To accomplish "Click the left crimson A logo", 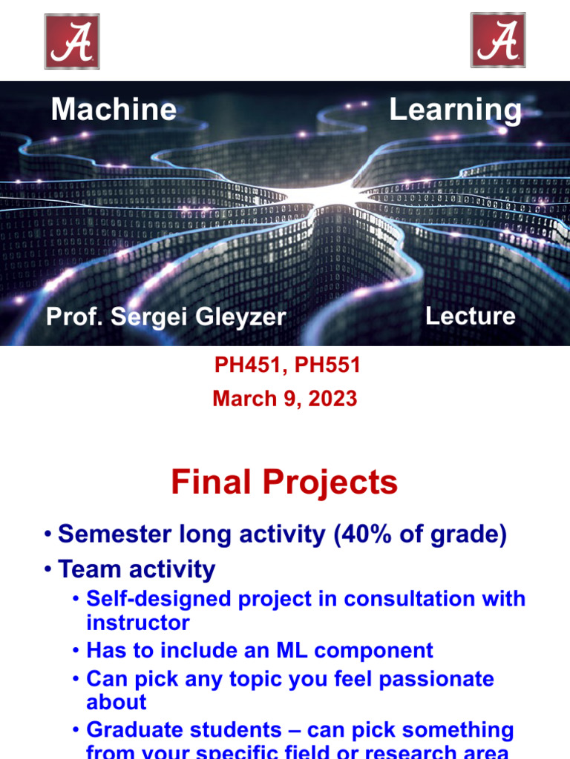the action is point(72,42).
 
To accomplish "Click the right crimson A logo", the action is point(498,40).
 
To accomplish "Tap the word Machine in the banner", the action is point(114,109).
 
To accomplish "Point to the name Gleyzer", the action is point(240,317).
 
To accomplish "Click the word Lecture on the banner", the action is point(470,316).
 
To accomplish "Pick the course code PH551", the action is point(327,365).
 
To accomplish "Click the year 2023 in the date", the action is point(332,399).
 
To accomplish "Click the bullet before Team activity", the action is point(47,569).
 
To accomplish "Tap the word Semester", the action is point(115,534).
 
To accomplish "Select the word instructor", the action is point(137,623).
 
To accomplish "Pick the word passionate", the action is point(436,679).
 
